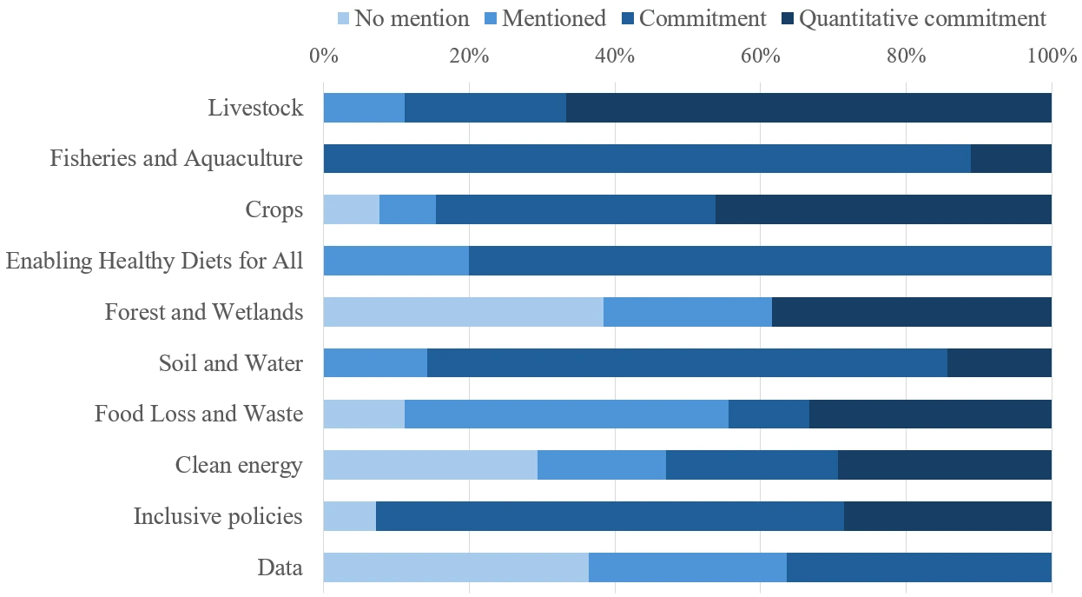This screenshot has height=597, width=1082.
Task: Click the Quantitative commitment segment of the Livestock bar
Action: pos(808,109)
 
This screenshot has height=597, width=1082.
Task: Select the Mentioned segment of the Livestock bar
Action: pos(364,109)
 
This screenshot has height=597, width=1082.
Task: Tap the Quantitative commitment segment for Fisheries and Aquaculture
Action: pos(1011,159)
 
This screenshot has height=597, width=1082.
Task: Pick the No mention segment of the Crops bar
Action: pos(351,209)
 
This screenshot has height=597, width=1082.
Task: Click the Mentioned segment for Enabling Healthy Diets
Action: pos(396,260)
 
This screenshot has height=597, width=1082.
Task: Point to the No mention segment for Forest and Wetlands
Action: pos(463,311)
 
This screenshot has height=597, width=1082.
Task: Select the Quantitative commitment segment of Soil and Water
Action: pos(999,362)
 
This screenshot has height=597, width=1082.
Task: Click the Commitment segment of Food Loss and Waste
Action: pos(769,414)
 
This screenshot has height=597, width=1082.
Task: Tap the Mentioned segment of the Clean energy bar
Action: pos(601,465)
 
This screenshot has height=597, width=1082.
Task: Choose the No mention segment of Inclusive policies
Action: pos(349,516)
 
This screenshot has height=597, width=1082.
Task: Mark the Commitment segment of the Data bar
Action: pos(919,567)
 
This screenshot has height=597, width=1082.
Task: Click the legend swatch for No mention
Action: pos(342,19)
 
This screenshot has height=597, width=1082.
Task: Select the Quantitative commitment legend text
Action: pos(922,19)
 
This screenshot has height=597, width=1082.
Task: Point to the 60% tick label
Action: pos(760,56)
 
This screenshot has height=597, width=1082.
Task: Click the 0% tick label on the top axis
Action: pos(323,56)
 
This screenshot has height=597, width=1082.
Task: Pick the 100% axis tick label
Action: pos(1051,56)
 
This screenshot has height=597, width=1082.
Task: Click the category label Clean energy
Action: pos(239,465)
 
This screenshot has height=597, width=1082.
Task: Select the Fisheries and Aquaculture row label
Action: pos(176,159)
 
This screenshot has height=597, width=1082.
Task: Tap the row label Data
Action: pos(280,567)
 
